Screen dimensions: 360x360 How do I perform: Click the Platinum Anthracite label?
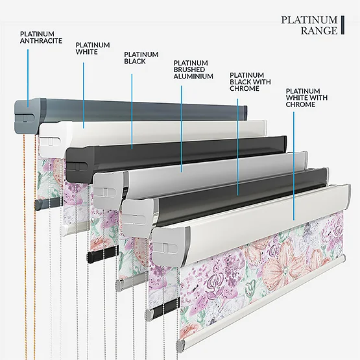41,38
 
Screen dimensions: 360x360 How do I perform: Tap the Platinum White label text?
93,49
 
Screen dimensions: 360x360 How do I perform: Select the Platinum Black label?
141,58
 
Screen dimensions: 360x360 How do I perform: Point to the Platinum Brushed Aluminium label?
193,69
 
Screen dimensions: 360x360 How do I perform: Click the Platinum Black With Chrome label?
250,82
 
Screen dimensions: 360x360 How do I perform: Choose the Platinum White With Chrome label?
307,98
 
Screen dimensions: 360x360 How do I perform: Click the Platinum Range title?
309,25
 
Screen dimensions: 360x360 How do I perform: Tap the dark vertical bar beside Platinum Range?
342,25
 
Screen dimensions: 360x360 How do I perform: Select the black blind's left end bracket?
80,164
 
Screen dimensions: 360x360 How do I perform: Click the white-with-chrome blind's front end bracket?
171,246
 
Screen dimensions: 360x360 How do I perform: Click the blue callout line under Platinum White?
83,95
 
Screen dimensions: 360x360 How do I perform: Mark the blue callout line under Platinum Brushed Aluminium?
182,129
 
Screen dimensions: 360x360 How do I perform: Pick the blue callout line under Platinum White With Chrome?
294,166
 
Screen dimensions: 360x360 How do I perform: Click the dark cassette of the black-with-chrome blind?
242,197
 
